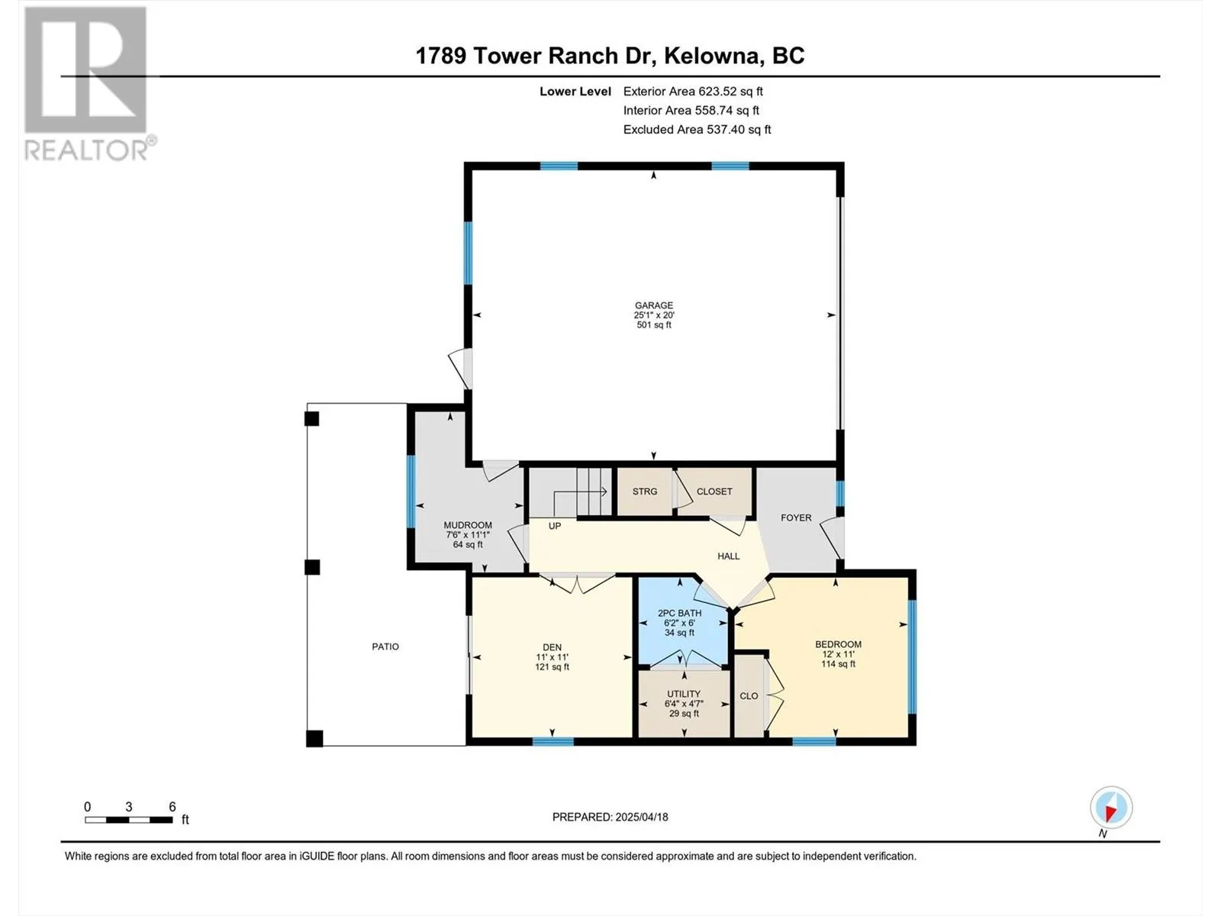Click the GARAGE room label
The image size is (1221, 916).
tap(653, 305)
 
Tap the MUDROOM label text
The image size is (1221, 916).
tap(467, 525)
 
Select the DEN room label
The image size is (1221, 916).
tap(552, 647)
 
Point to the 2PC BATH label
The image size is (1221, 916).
tap(679, 613)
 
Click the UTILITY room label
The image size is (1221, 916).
tap(684, 694)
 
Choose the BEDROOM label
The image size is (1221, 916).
tap(838, 644)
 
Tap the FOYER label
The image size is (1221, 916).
tap(796, 518)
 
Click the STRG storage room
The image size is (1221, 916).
tap(645, 492)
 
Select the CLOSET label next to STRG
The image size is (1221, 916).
tap(714, 492)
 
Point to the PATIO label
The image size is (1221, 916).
tap(385, 647)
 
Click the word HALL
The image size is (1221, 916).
tap(728, 556)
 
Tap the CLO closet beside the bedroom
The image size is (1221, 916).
tap(749, 695)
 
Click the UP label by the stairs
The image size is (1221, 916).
tap(555, 526)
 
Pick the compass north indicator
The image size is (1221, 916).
tap(1111, 807)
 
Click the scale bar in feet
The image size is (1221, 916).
tap(128, 820)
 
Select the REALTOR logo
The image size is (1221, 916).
tap(89, 83)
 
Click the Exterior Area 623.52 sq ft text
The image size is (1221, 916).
tap(693, 91)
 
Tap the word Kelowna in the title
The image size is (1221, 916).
tap(711, 56)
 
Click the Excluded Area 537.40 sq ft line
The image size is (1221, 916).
tap(697, 130)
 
